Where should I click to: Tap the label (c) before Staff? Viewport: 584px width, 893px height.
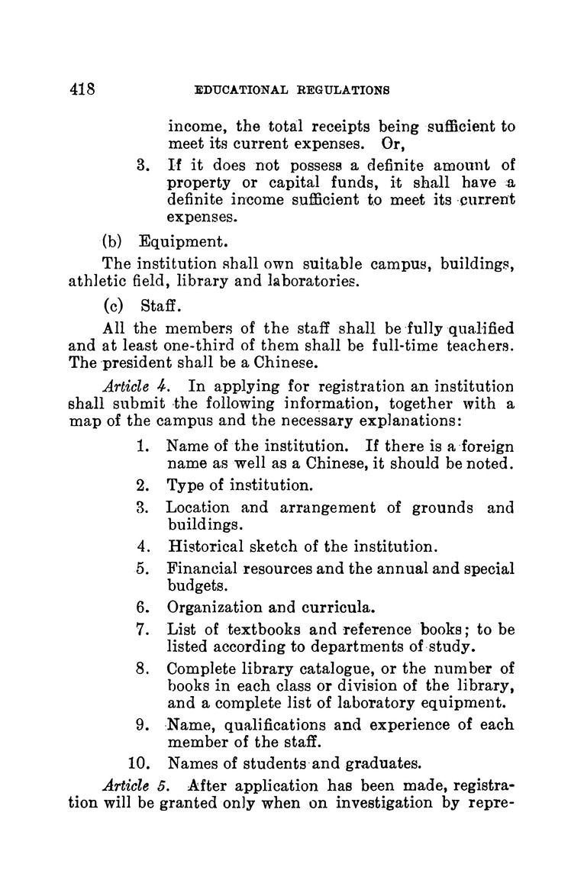[114, 305]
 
